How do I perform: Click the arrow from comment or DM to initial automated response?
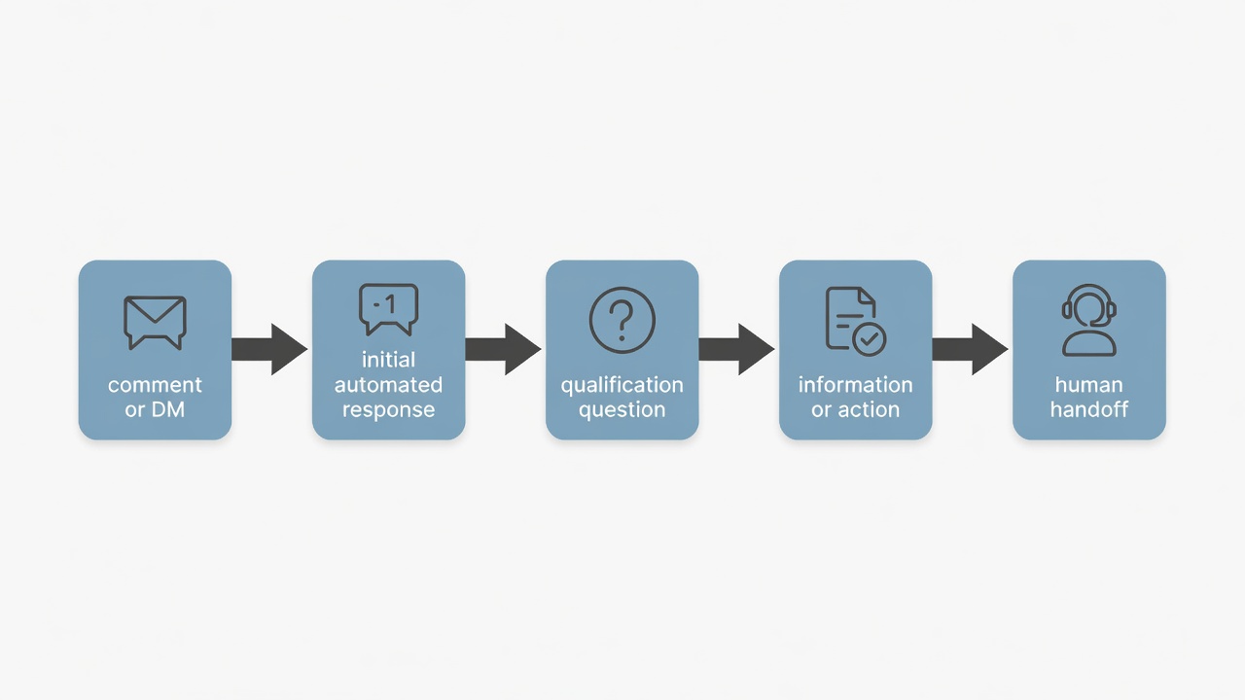(x=269, y=349)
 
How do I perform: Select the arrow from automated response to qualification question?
(x=503, y=349)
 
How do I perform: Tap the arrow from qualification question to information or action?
(x=736, y=349)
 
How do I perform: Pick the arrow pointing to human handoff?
(x=970, y=349)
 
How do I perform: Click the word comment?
(x=155, y=385)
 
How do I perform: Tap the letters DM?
(x=168, y=410)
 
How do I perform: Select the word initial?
(x=388, y=360)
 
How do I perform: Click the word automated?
(x=388, y=384)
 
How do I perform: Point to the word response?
(x=388, y=410)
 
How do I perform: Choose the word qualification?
(x=622, y=385)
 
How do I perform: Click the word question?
(x=622, y=410)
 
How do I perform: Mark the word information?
(x=855, y=384)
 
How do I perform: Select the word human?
(x=1088, y=384)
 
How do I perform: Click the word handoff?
(x=1088, y=409)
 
